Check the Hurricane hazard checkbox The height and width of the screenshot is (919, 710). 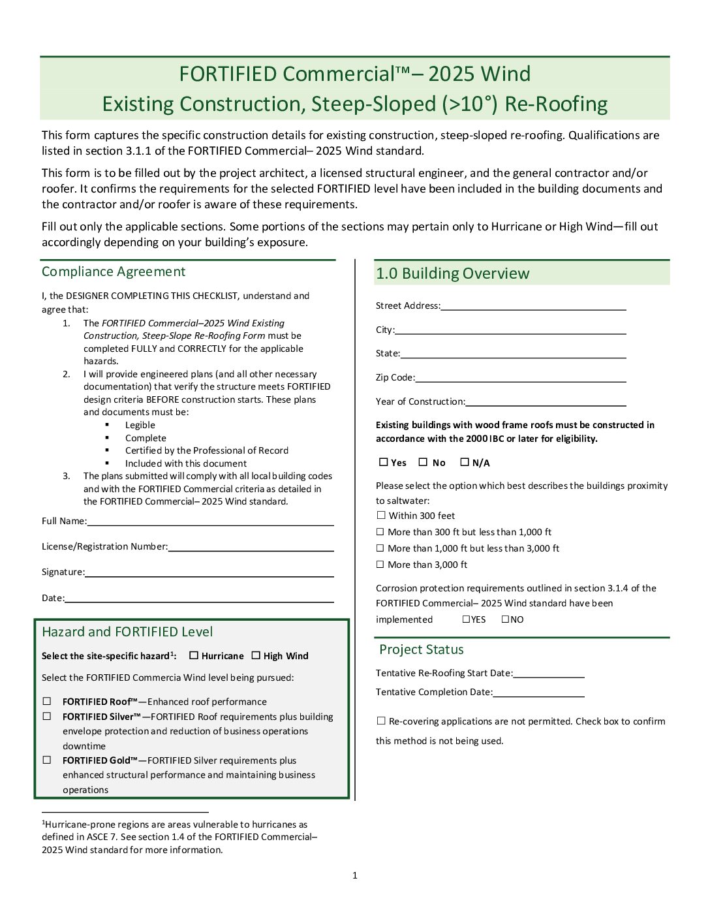tap(193, 655)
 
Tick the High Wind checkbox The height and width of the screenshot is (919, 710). tap(256, 655)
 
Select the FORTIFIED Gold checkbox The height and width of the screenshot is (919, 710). tap(47, 760)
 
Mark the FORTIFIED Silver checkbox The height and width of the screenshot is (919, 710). tap(47, 716)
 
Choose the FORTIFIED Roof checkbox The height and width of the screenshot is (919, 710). tap(47, 701)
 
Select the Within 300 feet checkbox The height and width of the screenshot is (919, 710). tap(381, 516)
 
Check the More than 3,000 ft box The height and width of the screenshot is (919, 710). tap(380, 565)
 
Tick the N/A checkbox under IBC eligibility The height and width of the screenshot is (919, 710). tap(465, 462)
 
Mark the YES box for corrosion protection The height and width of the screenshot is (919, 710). tap(466, 619)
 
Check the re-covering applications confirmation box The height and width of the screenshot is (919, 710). tap(381, 721)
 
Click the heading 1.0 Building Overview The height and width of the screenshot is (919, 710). tap(453, 273)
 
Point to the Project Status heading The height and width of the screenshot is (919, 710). tap(422, 649)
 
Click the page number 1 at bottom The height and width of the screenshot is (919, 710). tap(355, 875)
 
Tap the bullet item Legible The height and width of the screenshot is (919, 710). tap(140, 425)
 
